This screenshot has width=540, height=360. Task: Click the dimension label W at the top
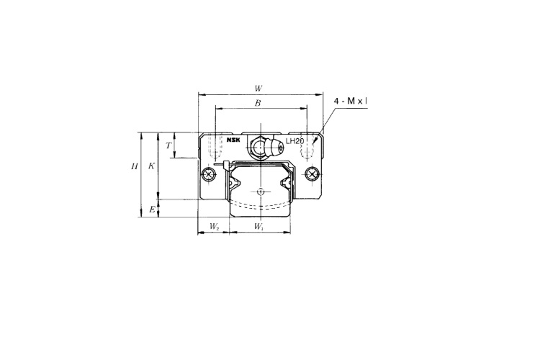point(258,88)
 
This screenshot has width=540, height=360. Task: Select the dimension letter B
point(257,103)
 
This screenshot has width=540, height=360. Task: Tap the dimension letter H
point(135,167)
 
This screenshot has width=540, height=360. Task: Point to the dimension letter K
point(151,166)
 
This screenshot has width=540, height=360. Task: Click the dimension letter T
point(168,145)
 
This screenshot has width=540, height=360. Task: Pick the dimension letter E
point(152,209)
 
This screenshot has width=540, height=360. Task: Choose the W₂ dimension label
point(215,227)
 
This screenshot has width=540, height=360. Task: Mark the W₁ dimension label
point(258,227)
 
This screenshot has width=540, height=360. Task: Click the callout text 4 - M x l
point(350,101)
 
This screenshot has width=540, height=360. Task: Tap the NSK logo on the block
point(233,140)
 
